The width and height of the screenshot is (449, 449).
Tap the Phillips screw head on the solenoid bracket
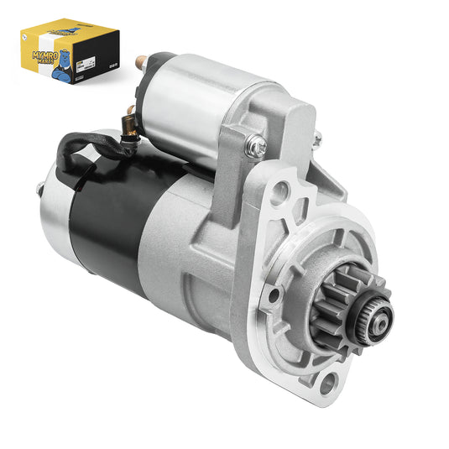(x=257, y=148)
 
